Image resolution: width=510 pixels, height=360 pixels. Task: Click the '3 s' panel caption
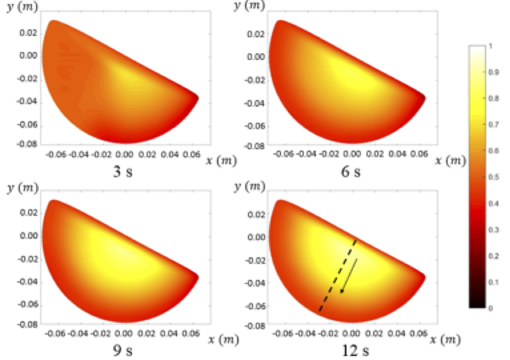coord(123,172)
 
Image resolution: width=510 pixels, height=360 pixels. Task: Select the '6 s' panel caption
coord(351,172)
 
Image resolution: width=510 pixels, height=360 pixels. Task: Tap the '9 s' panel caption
coord(123,350)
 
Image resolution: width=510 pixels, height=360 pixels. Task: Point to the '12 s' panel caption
coord(355,350)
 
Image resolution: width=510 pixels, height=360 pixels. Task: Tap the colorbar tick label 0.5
coord(494,177)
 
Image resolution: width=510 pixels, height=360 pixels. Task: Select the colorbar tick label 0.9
coord(494,72)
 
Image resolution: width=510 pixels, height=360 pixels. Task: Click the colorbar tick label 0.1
coord(494,282)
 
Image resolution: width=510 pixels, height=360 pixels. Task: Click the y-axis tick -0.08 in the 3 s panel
coord(27,144)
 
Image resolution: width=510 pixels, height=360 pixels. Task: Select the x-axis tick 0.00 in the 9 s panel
coord(124,333)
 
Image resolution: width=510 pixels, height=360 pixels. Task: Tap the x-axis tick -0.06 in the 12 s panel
coord(283,333)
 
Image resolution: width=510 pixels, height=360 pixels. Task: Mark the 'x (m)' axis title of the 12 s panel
coord(445,339)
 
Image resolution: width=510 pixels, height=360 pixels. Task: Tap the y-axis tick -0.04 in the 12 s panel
coord(255,283)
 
